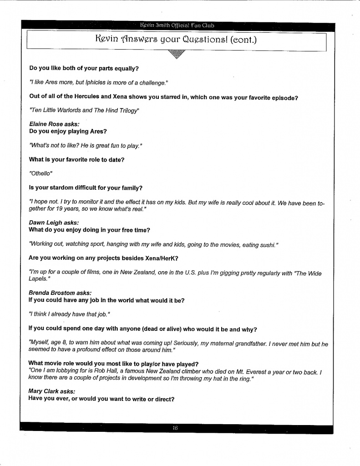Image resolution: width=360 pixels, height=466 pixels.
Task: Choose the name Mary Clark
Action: (x=44, y=391)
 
